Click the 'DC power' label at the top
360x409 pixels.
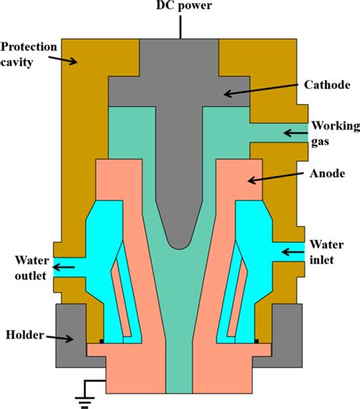pyautogui.click(x=180, y=8)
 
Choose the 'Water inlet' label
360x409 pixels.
pyautogui.click(x=328, y=253)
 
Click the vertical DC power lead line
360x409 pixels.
pyautogui.click(x=180, y=26)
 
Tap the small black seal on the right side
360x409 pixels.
pyautogui.click(x=257, y=341)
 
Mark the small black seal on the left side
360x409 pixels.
pyautogui.click(x=101, y=341)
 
